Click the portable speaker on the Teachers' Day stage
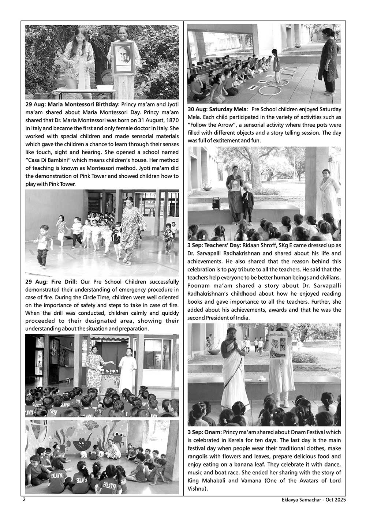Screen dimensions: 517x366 pos(217,203)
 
